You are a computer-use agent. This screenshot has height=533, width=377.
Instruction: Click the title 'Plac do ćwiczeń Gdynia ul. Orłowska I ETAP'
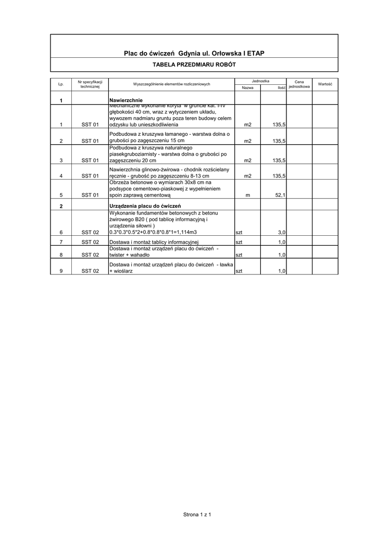point(194,54)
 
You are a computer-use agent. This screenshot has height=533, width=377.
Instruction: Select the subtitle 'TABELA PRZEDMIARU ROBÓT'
point(194,65)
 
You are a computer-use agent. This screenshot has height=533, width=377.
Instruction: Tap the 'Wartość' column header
point(325,84)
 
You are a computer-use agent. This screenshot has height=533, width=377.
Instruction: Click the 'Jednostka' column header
point(260,81)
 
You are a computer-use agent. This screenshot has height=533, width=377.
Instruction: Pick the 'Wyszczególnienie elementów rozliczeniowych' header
point(172,84)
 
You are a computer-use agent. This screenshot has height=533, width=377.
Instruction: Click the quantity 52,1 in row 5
point(279,195)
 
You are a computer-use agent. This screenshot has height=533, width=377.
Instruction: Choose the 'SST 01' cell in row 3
point(90,161)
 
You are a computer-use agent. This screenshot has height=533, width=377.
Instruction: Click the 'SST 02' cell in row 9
point(90,271)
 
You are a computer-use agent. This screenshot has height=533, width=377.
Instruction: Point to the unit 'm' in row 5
point(247,195)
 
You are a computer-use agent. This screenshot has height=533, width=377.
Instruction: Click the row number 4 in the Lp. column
point(61,176)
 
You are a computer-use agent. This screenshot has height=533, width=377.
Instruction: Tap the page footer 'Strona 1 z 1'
point(195,514)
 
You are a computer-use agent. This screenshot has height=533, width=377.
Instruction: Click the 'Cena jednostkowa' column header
point(299,84)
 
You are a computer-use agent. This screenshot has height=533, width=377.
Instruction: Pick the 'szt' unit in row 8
point(239,255)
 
